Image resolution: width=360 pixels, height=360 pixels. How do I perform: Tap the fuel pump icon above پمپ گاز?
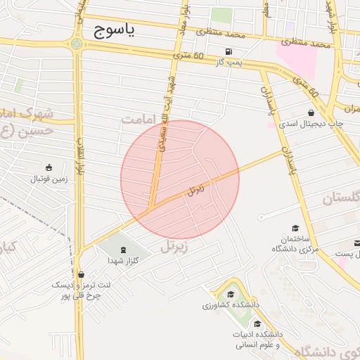click(x=229, y=52)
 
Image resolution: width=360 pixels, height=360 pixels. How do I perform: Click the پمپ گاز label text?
click(x=229, y=63)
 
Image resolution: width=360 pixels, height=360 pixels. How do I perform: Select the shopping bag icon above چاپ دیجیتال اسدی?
click(x=311, y=112)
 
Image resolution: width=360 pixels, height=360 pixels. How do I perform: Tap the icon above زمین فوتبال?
click(x=49, y=167)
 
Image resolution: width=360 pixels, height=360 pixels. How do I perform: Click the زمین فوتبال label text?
click(x=49, y=179)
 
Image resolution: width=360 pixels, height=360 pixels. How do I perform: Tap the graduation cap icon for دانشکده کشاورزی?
click(x=230, y=294)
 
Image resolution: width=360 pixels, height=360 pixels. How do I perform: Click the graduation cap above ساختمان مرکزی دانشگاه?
click(x=295, y=228)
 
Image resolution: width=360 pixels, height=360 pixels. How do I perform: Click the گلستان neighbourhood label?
click(x=340, y=199)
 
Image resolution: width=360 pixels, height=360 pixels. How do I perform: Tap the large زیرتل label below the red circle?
click(x=176, y=246)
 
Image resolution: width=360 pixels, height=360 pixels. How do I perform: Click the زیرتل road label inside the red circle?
click(x=196, y=189)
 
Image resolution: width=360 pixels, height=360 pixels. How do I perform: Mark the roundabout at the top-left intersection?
click(x=76, y=46)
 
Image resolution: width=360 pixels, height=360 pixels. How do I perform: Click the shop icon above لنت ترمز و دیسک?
click(x=82, y=275)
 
